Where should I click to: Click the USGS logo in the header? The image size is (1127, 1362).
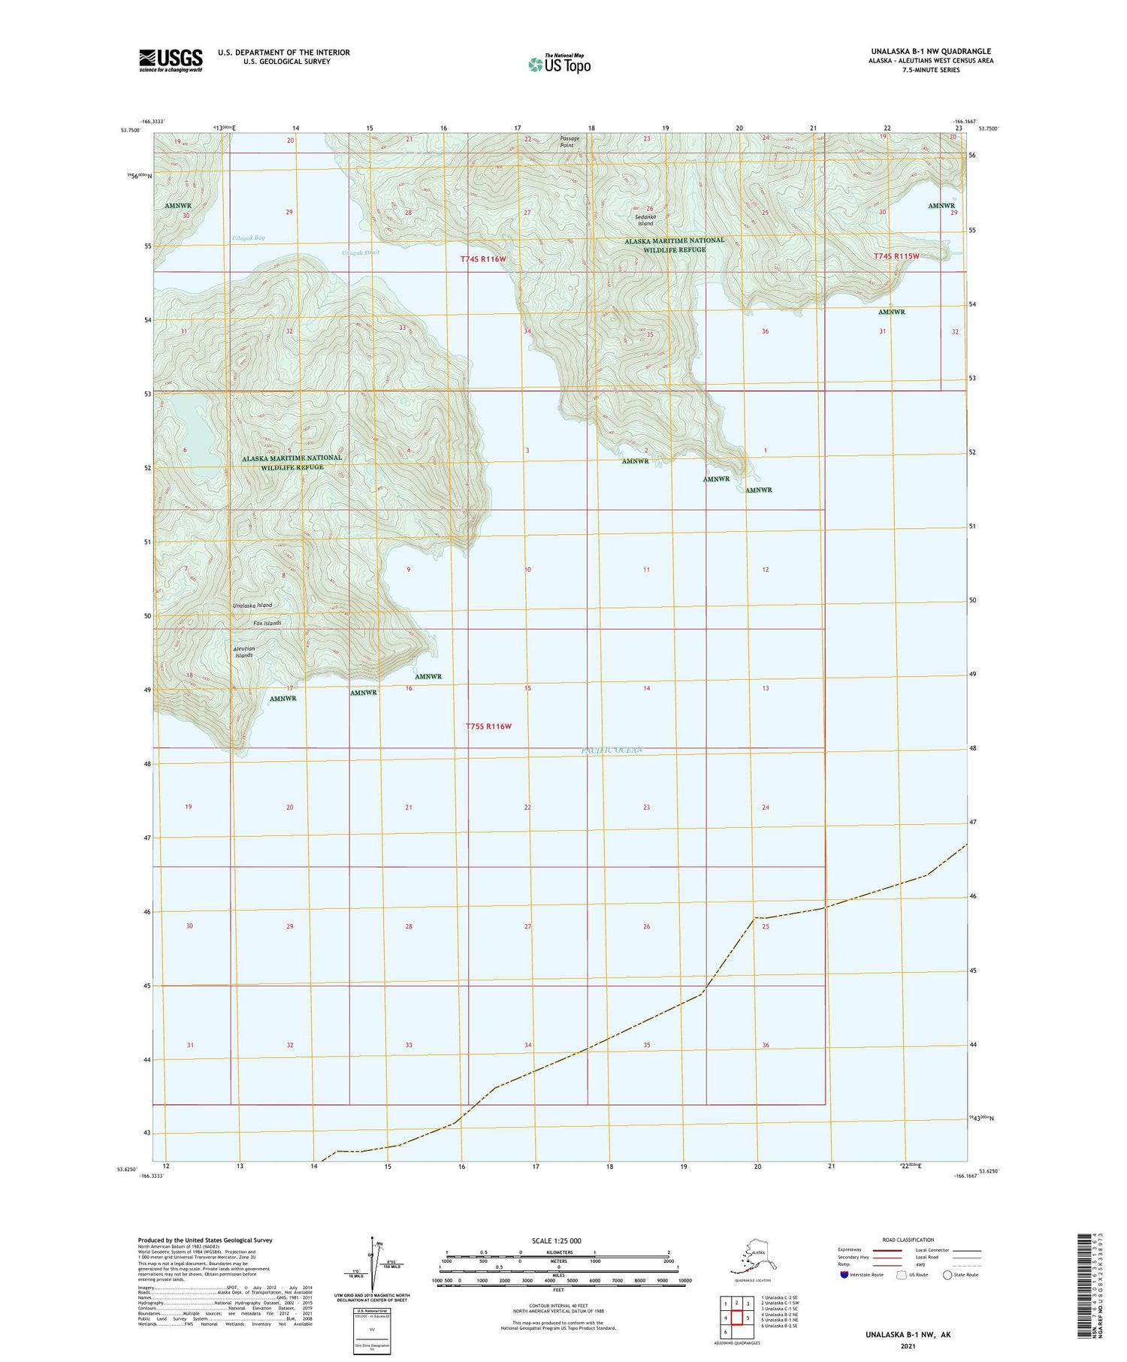pos(171,60)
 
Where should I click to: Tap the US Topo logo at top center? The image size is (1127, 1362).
pos(560,65)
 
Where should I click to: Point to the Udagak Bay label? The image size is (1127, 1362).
pos(248,238)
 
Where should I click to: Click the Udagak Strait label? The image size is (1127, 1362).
pos(361,252)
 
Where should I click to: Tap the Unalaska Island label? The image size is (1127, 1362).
pos(252,605)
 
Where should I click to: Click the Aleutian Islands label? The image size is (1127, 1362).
pos(244,652)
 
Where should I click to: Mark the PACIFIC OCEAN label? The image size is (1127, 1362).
pos(613,750)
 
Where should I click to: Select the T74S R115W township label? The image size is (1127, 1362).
pos(896,256)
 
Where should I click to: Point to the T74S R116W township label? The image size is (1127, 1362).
pos(484,259)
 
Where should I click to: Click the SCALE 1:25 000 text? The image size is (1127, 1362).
pos(556,1240)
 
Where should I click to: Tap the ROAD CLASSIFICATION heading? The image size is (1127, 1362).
pos(908,1240)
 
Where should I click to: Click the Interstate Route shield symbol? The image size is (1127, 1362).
pos(844,1275)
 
